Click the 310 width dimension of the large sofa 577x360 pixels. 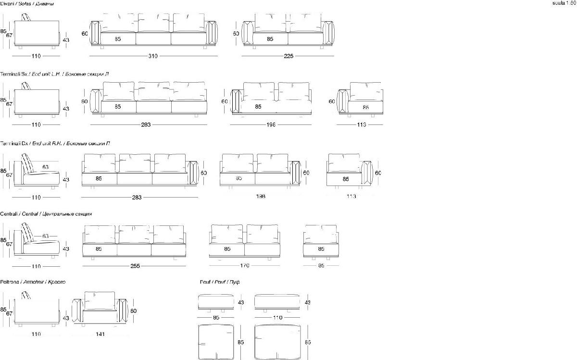pos(152,56)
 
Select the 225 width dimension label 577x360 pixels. pos(288,56)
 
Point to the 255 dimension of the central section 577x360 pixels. pos(135,266)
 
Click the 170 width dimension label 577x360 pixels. pos(245,266)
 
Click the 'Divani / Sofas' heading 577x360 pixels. pos(27,3)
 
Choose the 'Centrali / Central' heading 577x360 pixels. pos(46,213)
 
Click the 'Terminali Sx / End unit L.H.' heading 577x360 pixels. pos(54,74)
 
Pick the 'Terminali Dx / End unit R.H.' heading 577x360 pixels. pos(55,143)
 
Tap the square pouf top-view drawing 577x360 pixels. pos(215,342)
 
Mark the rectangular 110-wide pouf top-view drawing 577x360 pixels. pos(277,342)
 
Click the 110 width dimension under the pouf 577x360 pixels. pos(277,318)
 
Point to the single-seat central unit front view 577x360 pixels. pos(321,242)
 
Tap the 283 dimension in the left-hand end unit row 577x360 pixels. pos(146,124)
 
